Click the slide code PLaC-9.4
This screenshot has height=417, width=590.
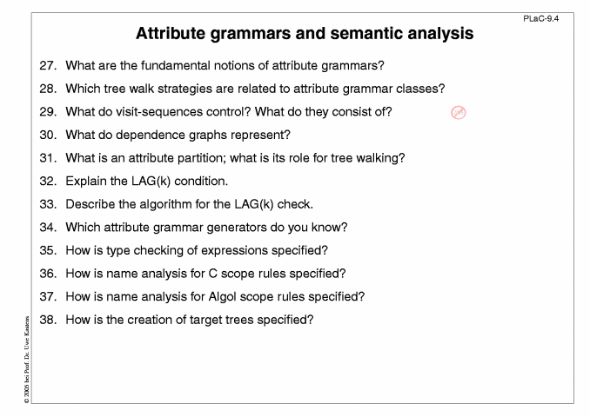pyautogui.click(x=540, y=19)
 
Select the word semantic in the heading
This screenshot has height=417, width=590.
pyautogui.click(x=366, y=33)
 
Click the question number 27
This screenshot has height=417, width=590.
pyautogui.click(x=48, y=65)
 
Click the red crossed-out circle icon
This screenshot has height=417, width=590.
pyautogui.click(x=459, y=112)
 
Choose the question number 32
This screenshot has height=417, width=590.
pyautogui.click(x=48, y=181)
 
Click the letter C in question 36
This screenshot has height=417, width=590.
pyautogui.click(x=212, y=274)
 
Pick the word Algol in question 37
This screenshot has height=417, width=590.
pyautogui.click(x=223, y=297)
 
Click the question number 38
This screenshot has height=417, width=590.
pyautogui.click(x=48, y=320)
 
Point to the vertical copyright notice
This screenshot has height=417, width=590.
pyautogui.click(x=26, y=360)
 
